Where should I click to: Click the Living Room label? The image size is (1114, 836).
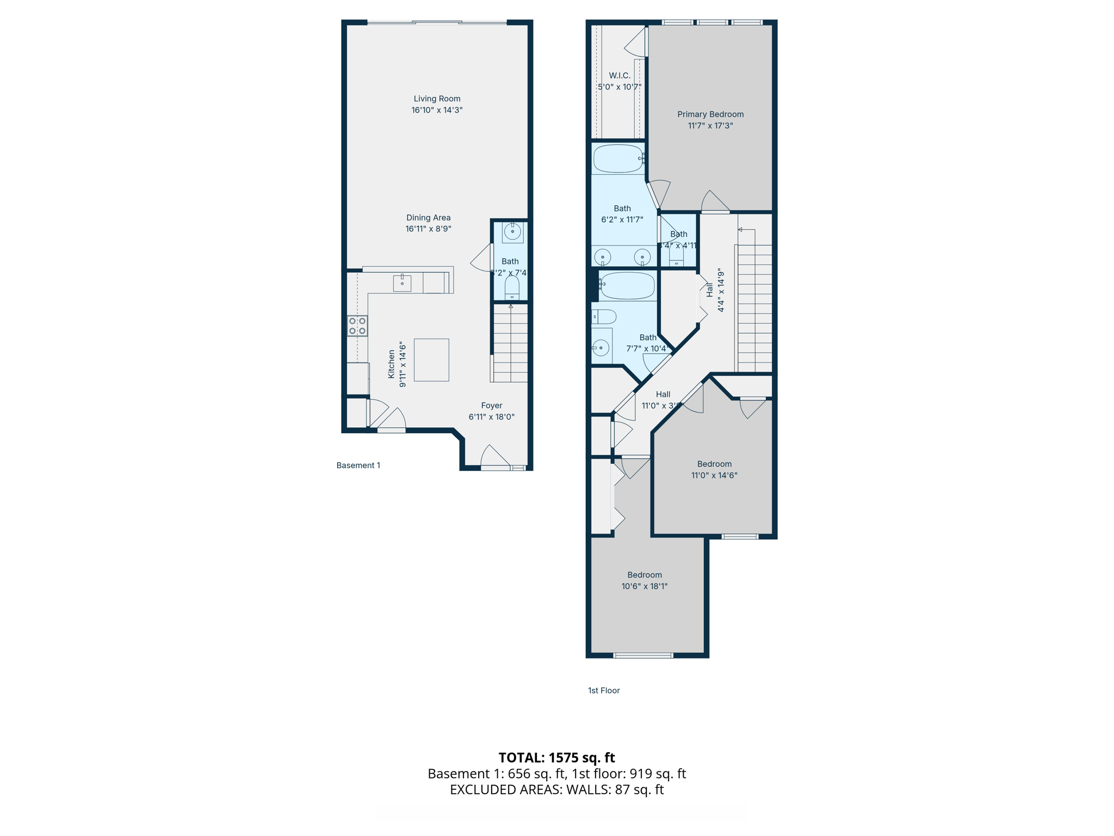point(437,99)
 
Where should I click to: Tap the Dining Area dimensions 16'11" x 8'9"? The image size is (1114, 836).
point(428,229)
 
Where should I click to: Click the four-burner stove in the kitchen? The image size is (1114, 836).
point(357,326)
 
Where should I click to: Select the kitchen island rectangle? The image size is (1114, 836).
point(431,360)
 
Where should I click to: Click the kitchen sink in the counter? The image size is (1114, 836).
point(402,283)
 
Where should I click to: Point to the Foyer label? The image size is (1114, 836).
point(491,405)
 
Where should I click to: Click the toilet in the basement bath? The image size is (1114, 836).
point(512,287)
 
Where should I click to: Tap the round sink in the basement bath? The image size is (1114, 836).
point(512,232)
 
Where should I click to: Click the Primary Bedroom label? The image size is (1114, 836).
point(710,114)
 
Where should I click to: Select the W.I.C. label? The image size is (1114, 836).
point(620,76)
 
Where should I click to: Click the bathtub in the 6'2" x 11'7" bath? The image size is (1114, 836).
point(618,158)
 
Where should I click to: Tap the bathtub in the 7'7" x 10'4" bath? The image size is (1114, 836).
point(628,286)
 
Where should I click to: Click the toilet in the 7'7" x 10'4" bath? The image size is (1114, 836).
point(604,316)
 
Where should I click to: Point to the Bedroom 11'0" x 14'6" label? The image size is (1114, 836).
point(714,464)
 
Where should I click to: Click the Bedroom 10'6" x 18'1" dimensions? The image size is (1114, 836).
point(644,586)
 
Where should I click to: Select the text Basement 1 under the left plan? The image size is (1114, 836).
point(358,465)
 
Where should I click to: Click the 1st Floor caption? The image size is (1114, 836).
point(603,690)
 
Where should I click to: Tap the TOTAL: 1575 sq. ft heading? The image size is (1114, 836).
point(556,758)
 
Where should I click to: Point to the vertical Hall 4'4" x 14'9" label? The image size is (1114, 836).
point(715,290)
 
